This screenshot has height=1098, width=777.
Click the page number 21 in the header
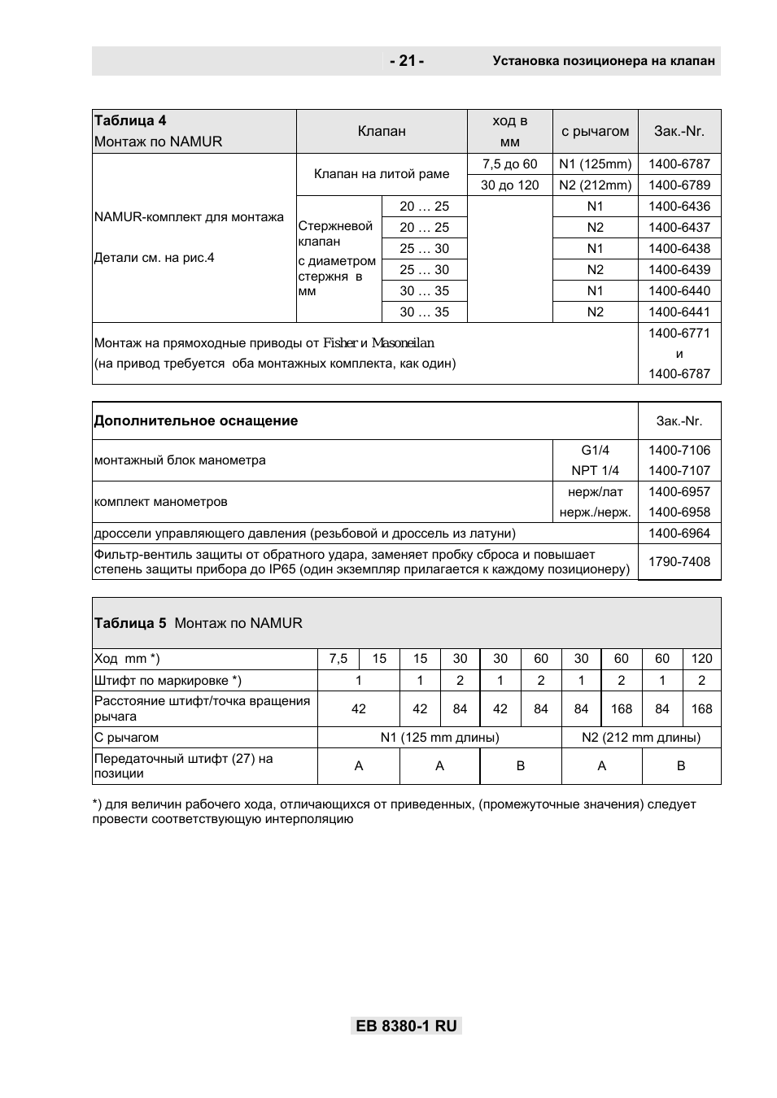click(x=407, y=61)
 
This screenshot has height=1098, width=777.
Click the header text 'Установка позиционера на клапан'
click(x=603, y=61)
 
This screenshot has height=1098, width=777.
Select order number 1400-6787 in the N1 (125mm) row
click(x=679, y=163)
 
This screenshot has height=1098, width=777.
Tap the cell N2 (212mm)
click(x=595, y=185)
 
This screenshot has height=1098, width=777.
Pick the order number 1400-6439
click(x=679, y=269)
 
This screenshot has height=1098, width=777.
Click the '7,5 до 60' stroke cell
click(x=509, y=163)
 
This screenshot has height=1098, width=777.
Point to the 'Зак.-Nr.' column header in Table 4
click(x=679, y=131)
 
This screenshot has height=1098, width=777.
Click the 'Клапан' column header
click(x=382, y=131)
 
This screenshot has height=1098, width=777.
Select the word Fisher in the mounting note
click(x=340, y=343)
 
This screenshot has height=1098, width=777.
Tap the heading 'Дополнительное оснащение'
click(x=196, y=420)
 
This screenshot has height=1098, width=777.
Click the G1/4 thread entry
click(x=595, y=450)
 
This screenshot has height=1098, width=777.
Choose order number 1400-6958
click(x=679, y=512)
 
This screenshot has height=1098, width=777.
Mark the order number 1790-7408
click(x=679, y=561)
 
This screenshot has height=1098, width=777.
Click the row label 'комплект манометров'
click(x=161, y=501)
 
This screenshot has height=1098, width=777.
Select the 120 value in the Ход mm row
click(x=701, y=659)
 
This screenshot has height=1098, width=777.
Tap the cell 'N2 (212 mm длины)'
click(x=640, y=737)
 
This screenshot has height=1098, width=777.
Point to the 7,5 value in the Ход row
click(x=338, y=659)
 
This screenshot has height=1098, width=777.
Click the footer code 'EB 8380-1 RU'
click(x=406, y=1026)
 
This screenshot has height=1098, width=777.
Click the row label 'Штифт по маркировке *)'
click(x=168, y=680)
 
